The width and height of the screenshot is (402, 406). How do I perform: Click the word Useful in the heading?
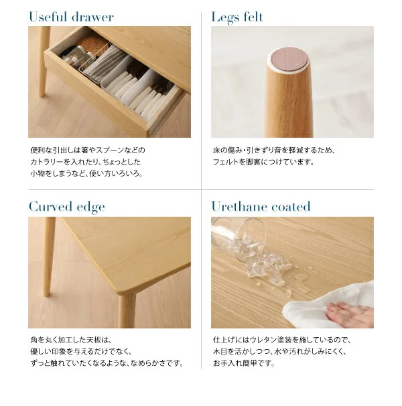tap(48, 17)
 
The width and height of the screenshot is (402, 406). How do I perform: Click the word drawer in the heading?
tap(92, 17)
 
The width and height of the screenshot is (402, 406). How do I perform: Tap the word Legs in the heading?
tap(225, 18)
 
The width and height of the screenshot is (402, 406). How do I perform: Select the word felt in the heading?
tap(253, 17)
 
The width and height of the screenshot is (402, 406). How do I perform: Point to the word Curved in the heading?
tap(50, 207)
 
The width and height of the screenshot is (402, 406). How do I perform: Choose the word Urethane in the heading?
tap(239, 207)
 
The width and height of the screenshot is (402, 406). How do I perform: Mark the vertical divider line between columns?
tap(201, 191)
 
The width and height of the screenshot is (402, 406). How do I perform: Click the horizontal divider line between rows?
tap(201, 189)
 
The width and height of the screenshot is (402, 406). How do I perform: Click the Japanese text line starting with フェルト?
tap(263, 162)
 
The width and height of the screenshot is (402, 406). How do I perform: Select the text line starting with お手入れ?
tap(243, 363)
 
